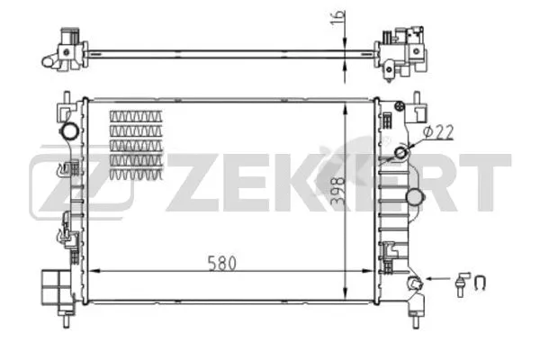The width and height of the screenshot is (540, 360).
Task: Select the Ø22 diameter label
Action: [x=436, y=131]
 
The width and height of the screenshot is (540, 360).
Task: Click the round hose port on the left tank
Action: [x=69, y=131]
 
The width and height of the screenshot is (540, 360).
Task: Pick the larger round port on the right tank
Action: [x=415, y=196]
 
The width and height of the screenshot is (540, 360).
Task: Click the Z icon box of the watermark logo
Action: [x=82, y=186]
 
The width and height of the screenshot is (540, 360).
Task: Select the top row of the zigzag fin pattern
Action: [x=137, y=117]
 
